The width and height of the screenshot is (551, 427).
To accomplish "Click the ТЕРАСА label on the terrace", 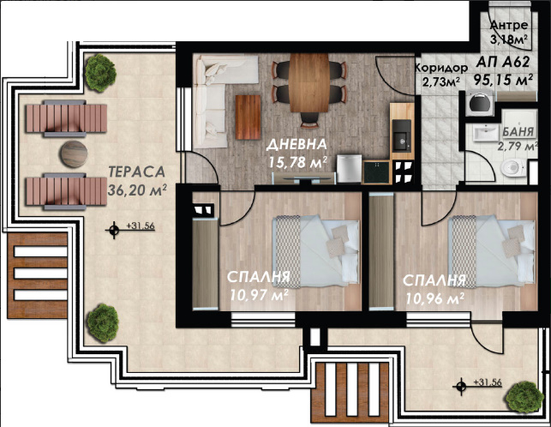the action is (x=137, y=171).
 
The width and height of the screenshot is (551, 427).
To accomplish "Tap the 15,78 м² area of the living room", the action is (x=298, y=162).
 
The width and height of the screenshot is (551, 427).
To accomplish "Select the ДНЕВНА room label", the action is (x=297, y=144).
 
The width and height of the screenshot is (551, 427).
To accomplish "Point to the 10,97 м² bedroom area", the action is (x=260, y=295).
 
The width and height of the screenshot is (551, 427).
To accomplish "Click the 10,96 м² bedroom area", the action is (x=435, y=298).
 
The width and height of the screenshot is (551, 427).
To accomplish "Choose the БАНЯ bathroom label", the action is (x=518, y=132).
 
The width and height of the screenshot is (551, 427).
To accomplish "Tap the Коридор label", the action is (x=441, y=68).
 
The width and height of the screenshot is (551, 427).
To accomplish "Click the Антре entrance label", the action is (x=509, y=25).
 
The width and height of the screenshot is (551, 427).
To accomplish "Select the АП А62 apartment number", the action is (x=503, y=63).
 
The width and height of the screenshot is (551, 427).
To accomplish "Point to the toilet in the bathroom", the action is (x=513, y=168).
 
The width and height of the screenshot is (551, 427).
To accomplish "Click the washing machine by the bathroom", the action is (x=479, y=102).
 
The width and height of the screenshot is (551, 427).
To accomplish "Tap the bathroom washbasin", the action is (x=486, y=132).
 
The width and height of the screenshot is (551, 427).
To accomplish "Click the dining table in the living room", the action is (x=309, y=82).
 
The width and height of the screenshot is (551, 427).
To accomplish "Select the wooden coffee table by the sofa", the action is (x=249, y=117).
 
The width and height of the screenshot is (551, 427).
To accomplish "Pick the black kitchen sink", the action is (x=402, y=135).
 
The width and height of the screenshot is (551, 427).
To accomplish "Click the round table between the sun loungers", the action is (x=74, y=154).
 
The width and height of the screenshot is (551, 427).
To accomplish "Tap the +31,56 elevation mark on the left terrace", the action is (x=141, y=226).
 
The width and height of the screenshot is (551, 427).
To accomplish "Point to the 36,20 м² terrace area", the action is (x=137, y=190).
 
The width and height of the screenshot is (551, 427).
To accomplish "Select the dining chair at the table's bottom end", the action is (x=309, y=119).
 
